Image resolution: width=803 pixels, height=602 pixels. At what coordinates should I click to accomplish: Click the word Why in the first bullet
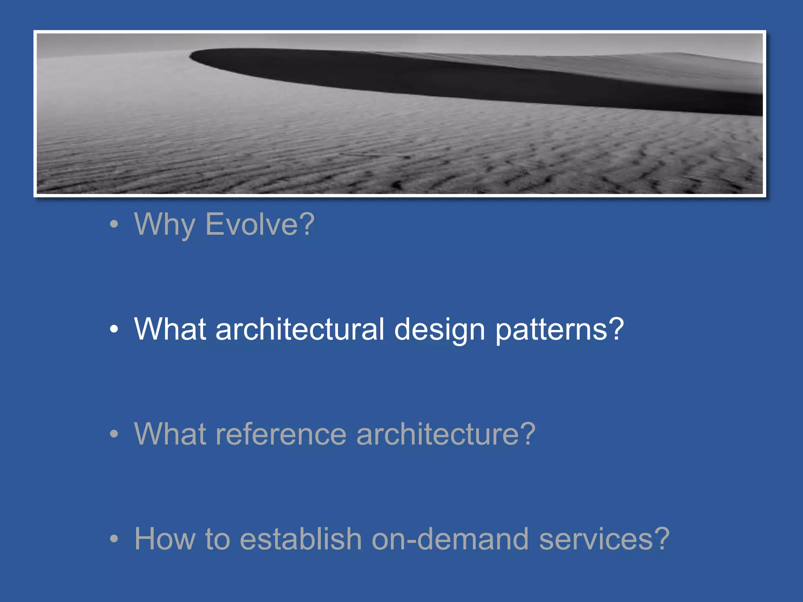(x=164, y=224)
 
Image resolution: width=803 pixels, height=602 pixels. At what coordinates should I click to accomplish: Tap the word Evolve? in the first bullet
(x=260, y=224)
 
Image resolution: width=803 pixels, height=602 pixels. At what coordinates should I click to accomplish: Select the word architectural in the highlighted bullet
(x=300, y=329)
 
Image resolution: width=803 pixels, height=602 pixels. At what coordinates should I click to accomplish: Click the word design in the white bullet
(x=440, y=329)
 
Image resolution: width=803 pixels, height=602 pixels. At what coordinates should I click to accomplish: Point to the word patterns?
(x=559, y=329)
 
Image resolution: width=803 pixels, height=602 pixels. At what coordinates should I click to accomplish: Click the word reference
(x=281, y=434)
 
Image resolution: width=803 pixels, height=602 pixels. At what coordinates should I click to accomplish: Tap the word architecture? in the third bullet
(x=446, y=434)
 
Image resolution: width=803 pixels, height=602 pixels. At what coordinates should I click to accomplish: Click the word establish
(x=300, y=539)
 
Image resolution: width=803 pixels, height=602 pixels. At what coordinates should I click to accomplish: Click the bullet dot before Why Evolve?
(x=114, y=224)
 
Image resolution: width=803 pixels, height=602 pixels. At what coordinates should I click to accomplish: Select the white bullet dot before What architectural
(x=114, y=329)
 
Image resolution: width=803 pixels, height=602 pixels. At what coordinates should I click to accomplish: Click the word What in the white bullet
(x=170, y=329)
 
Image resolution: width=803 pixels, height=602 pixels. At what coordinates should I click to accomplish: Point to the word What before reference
(x=170, y=434)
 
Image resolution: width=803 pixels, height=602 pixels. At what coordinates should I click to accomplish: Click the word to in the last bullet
(x=217, y=539)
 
